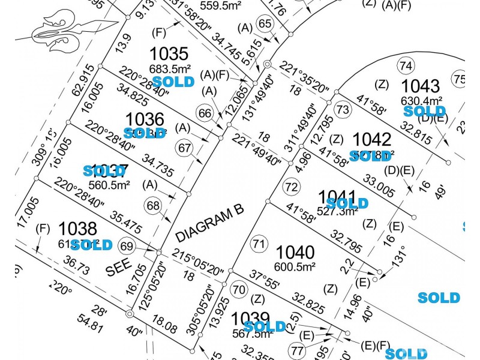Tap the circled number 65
pos(264,23)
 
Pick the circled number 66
pos(205,113)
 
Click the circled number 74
pos(406,65)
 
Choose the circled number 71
pos(259,244)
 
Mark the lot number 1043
pos(421,85)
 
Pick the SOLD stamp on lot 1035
pos(173,81)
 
